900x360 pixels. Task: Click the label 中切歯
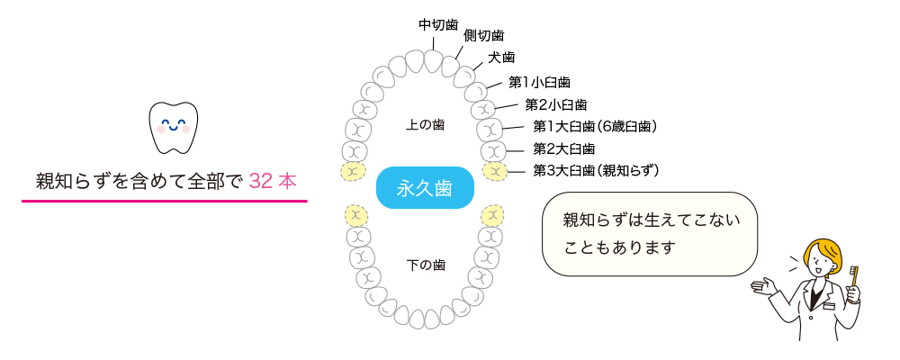click(438, 23)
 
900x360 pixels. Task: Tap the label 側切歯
click(483, 36)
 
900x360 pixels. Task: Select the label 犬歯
click(501, 58)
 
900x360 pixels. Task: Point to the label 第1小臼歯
click(539, 83)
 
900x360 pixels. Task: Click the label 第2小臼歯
click(555, 104)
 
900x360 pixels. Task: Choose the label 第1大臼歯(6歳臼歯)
click(594, 127)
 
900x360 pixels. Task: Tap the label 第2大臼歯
click(563, 148)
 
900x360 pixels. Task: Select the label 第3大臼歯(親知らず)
click(596, 170)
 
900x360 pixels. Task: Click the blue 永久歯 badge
click(425, 188)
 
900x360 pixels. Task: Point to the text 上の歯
click(425, 124)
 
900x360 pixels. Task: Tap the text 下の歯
click(425, 265)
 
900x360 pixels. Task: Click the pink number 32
click(261, 180)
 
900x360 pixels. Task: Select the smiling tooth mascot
click(172, 128)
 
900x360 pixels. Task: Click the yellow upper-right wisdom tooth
click(493, 170)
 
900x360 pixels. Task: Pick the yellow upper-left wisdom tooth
click(352, 170)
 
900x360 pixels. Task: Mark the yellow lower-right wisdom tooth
click(491, 216)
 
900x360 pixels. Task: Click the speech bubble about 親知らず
click(649, 233)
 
